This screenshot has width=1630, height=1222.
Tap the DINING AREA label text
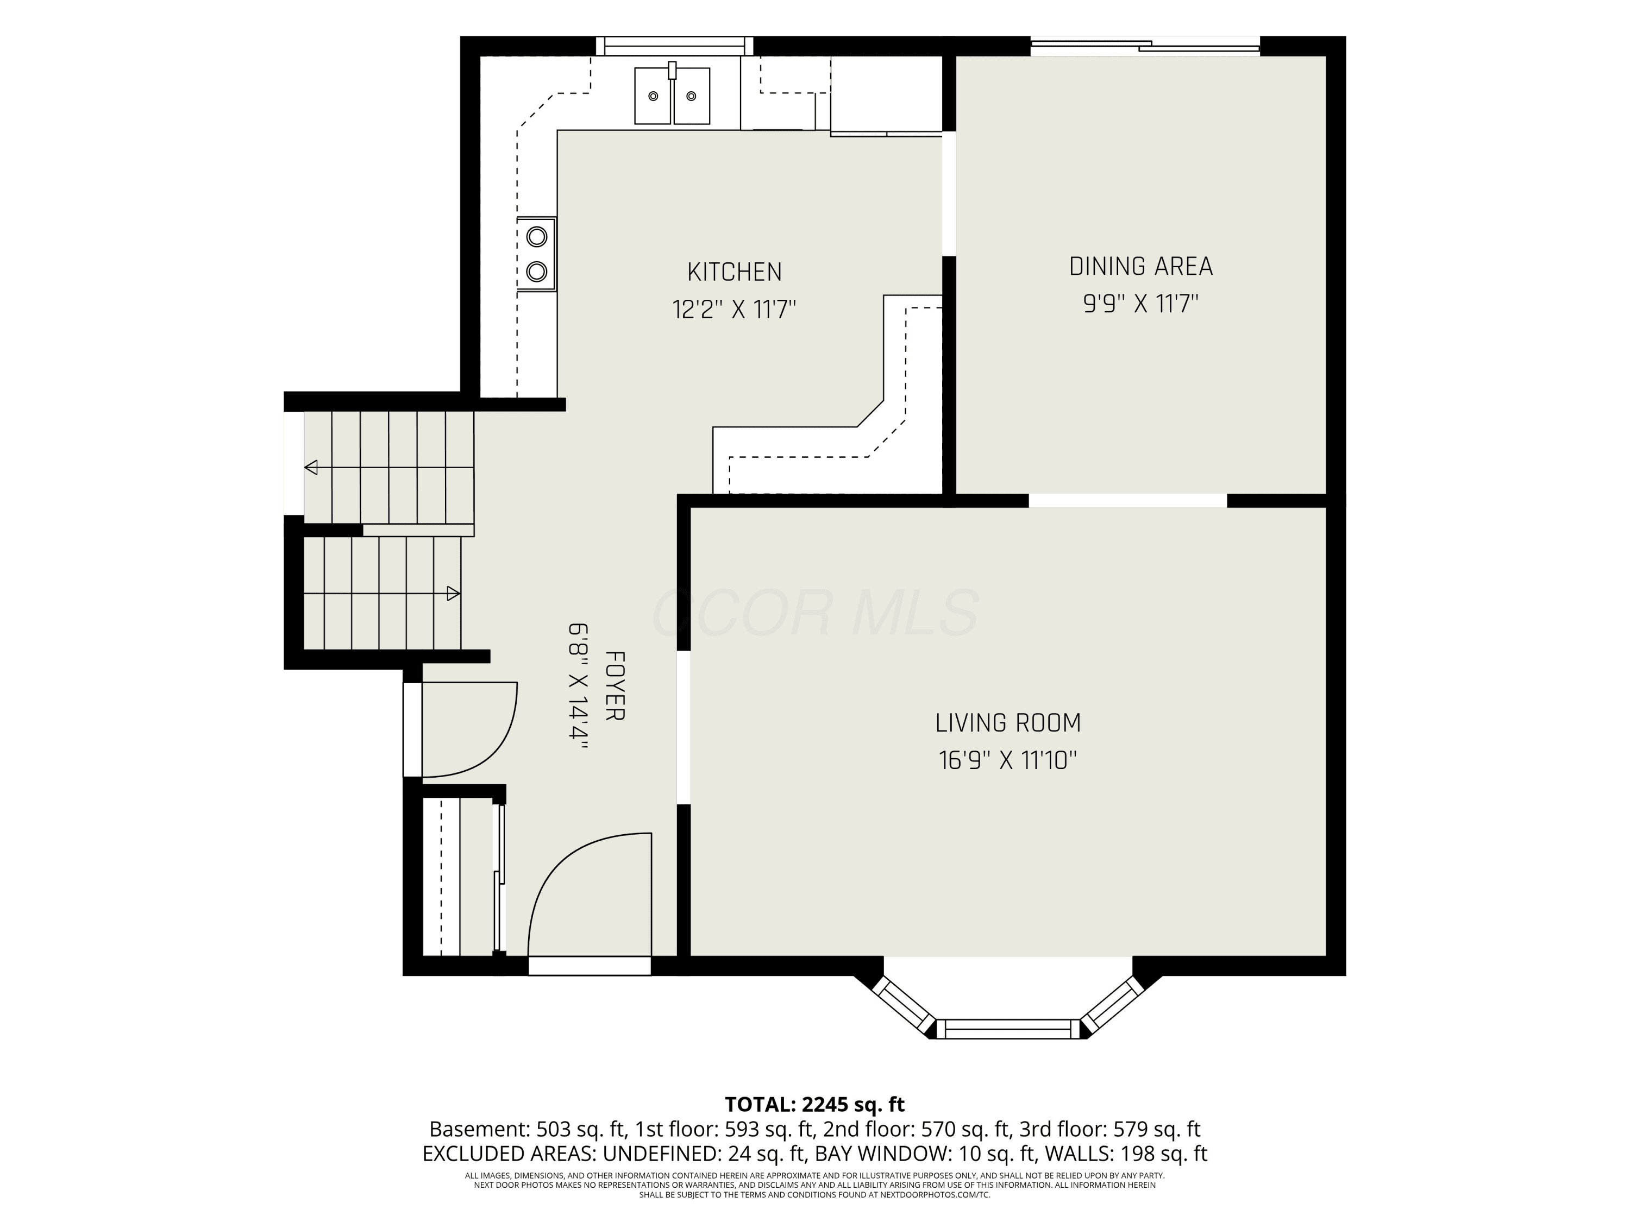click(x=1140, y=266)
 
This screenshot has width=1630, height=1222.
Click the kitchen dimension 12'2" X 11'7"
click(x=734, y=308)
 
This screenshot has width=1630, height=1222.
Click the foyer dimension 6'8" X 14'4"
click(x=578, y=686)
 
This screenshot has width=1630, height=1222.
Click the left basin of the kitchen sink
click(x=653, y=96)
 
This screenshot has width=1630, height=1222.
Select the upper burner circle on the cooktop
click(x=536, y=236)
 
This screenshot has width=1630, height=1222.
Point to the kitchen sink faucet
click(x=672, y=71)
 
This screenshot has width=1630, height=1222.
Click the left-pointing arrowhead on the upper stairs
click(x=311, y=467)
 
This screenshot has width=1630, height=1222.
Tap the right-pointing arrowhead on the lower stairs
click(x=454, y=593)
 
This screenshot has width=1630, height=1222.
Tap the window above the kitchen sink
click(x=674, y=46)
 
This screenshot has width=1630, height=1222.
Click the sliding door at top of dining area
click(x=1145, y=46)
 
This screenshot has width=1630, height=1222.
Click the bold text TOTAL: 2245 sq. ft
click(x=814, y=1104)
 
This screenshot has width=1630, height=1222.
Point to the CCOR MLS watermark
click(x=815, y=613)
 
